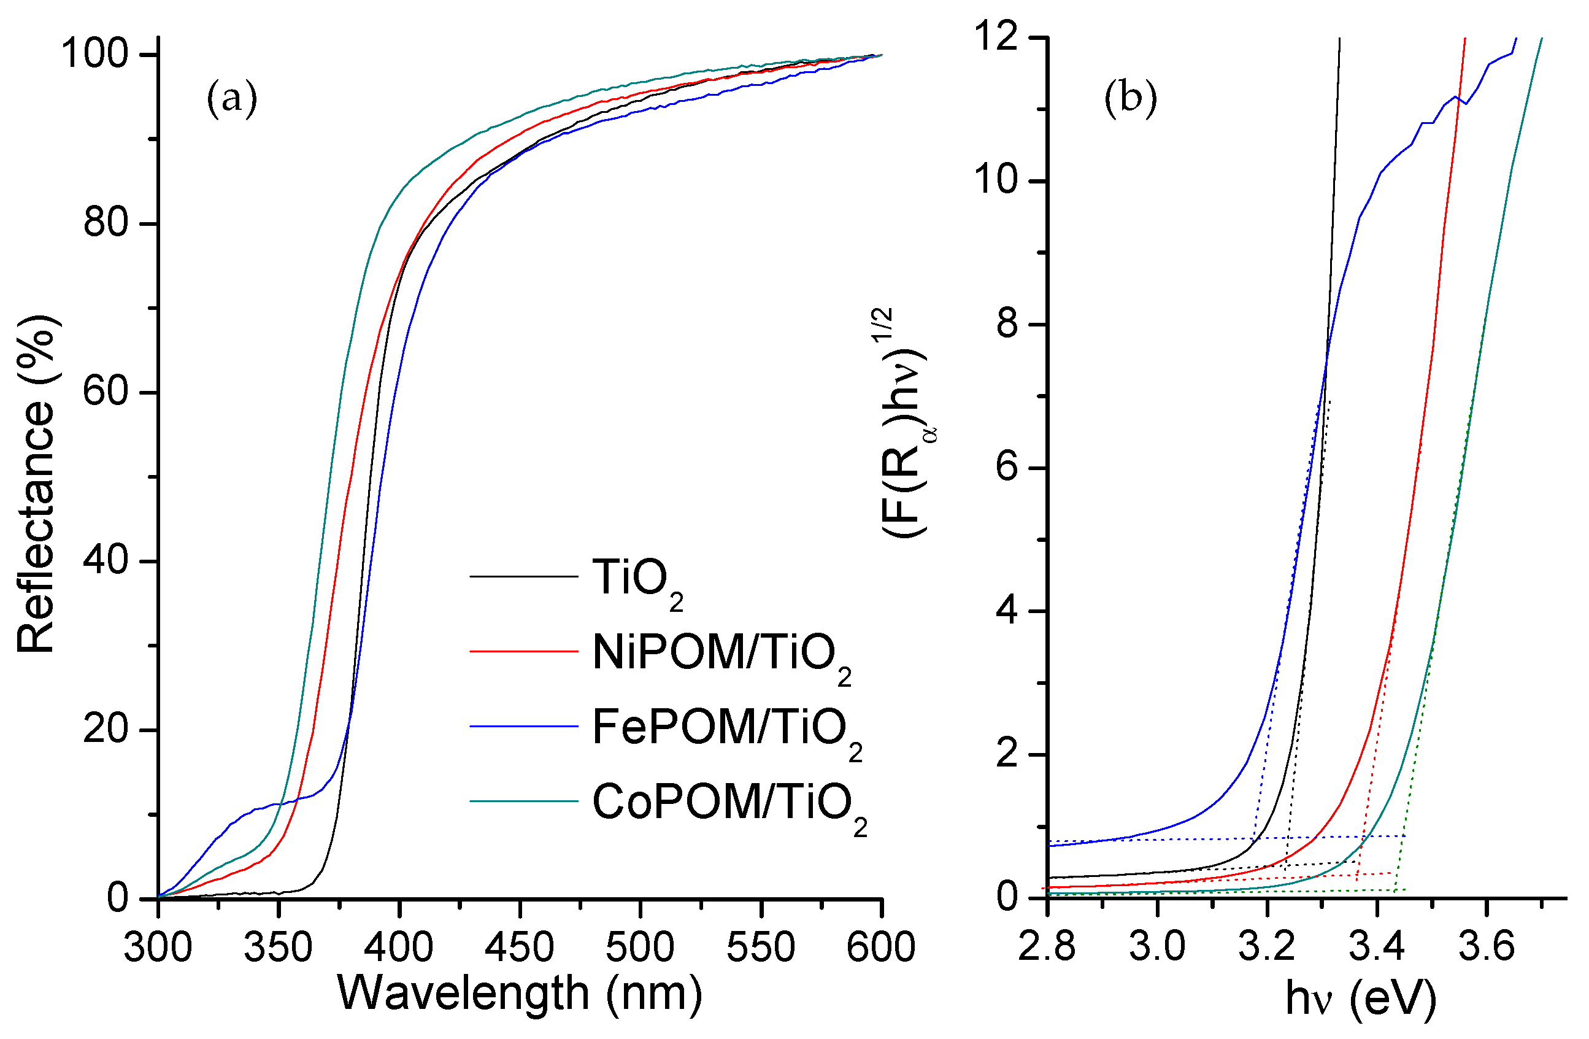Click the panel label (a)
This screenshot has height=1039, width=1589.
[x=232, y=99]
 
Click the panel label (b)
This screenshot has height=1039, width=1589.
[x=1130, y=99]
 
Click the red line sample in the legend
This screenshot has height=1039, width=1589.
[x=523, y=651]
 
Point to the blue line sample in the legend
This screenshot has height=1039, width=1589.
[x=523, y=726]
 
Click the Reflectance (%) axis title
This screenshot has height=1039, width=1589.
[x=37, y=484]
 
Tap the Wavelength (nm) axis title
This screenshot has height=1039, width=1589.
[x=520, y=993]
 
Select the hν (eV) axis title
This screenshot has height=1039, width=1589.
[x=1361, y=1000]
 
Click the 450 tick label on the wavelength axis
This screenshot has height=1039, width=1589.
[x=520, y=948]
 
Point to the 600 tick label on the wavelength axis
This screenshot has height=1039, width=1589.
[x=880, y=948]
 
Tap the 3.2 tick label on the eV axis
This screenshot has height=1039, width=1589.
[x=1267, y=948]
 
